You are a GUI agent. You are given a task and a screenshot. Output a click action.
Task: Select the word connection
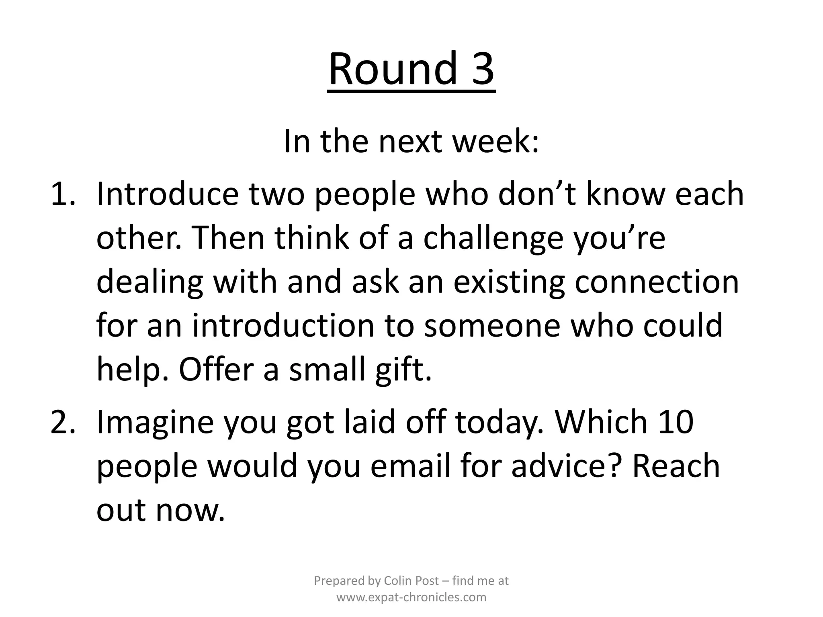[x=657, y=282]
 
